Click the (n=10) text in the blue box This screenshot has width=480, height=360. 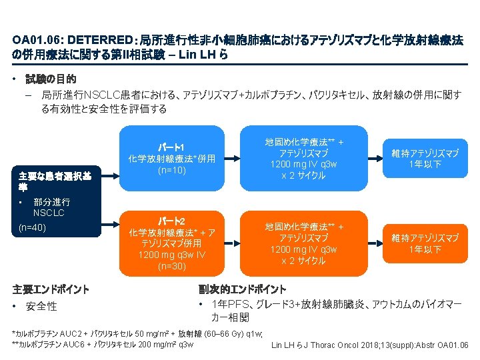point(171,171)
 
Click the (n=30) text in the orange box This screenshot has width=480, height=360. point(171,267)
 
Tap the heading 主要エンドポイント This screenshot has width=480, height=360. point(51,289)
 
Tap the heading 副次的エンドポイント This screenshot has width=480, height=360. point(243,289)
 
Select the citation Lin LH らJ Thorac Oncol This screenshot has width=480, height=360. point(369,345)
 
